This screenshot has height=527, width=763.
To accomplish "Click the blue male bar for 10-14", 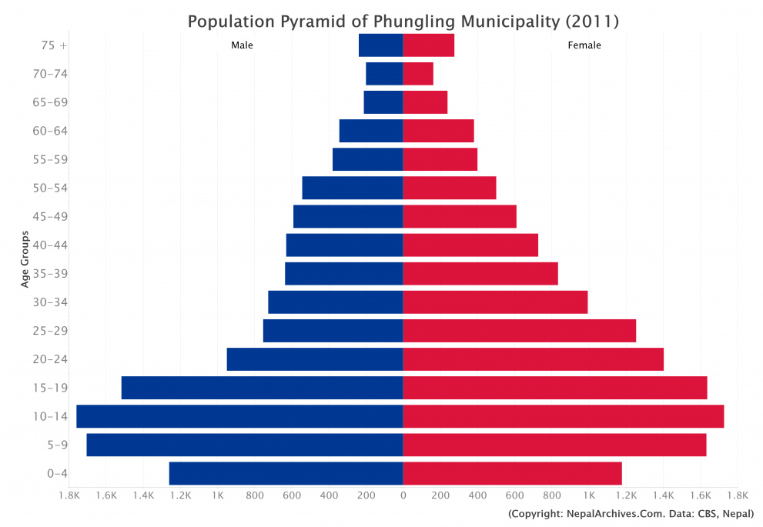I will pyautogui.click(x=239, y=416).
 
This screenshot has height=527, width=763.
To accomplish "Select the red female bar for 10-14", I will pyautogui.click(x=563, y=416).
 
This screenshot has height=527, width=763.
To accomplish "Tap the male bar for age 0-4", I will pyautogui.click(x=286, y=473).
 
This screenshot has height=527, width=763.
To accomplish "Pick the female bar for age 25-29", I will pyautogui.click(x=519, y=331).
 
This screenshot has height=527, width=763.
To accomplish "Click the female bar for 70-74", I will pyautogui.click(x=418, y=74).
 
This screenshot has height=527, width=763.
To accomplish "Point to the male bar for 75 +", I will pyautogui.click(x=380, y=45).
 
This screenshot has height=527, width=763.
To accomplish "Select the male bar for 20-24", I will pyautogui.click(x=314, y=359).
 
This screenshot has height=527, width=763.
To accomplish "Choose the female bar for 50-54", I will pyautogui.click(x=449, y=188).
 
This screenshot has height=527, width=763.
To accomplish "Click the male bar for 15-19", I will pyautogui.click(x=262, y=388).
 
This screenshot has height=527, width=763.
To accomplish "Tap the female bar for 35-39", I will pyautogui.click(x=480, y=274).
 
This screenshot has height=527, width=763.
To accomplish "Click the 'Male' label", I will pyautogui.click(x=242, y=45).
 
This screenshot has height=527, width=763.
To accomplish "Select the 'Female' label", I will pyautogui.click(x=584, y=45).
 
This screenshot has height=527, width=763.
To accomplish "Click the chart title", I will pyautogui.click(x=403, y=22).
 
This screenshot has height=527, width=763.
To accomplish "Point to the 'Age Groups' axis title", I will pyautogui.click(x=25, y=259).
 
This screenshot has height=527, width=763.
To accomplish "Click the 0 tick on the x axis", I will pyautogui.click(x=403, y=495).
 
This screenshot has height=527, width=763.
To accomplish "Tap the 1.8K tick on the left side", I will pyautogui.click(x=69, y=495).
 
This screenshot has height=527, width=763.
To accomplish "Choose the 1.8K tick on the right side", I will pyautogui.click(x=737, y=495).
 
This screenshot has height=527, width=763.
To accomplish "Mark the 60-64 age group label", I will pyautogui.click(x=47, y=131).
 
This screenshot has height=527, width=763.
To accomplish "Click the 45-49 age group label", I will pyautogui.click(x=47, y=216).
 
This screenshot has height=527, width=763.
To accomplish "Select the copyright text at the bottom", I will pyautogui.click(x=631, y=514).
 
